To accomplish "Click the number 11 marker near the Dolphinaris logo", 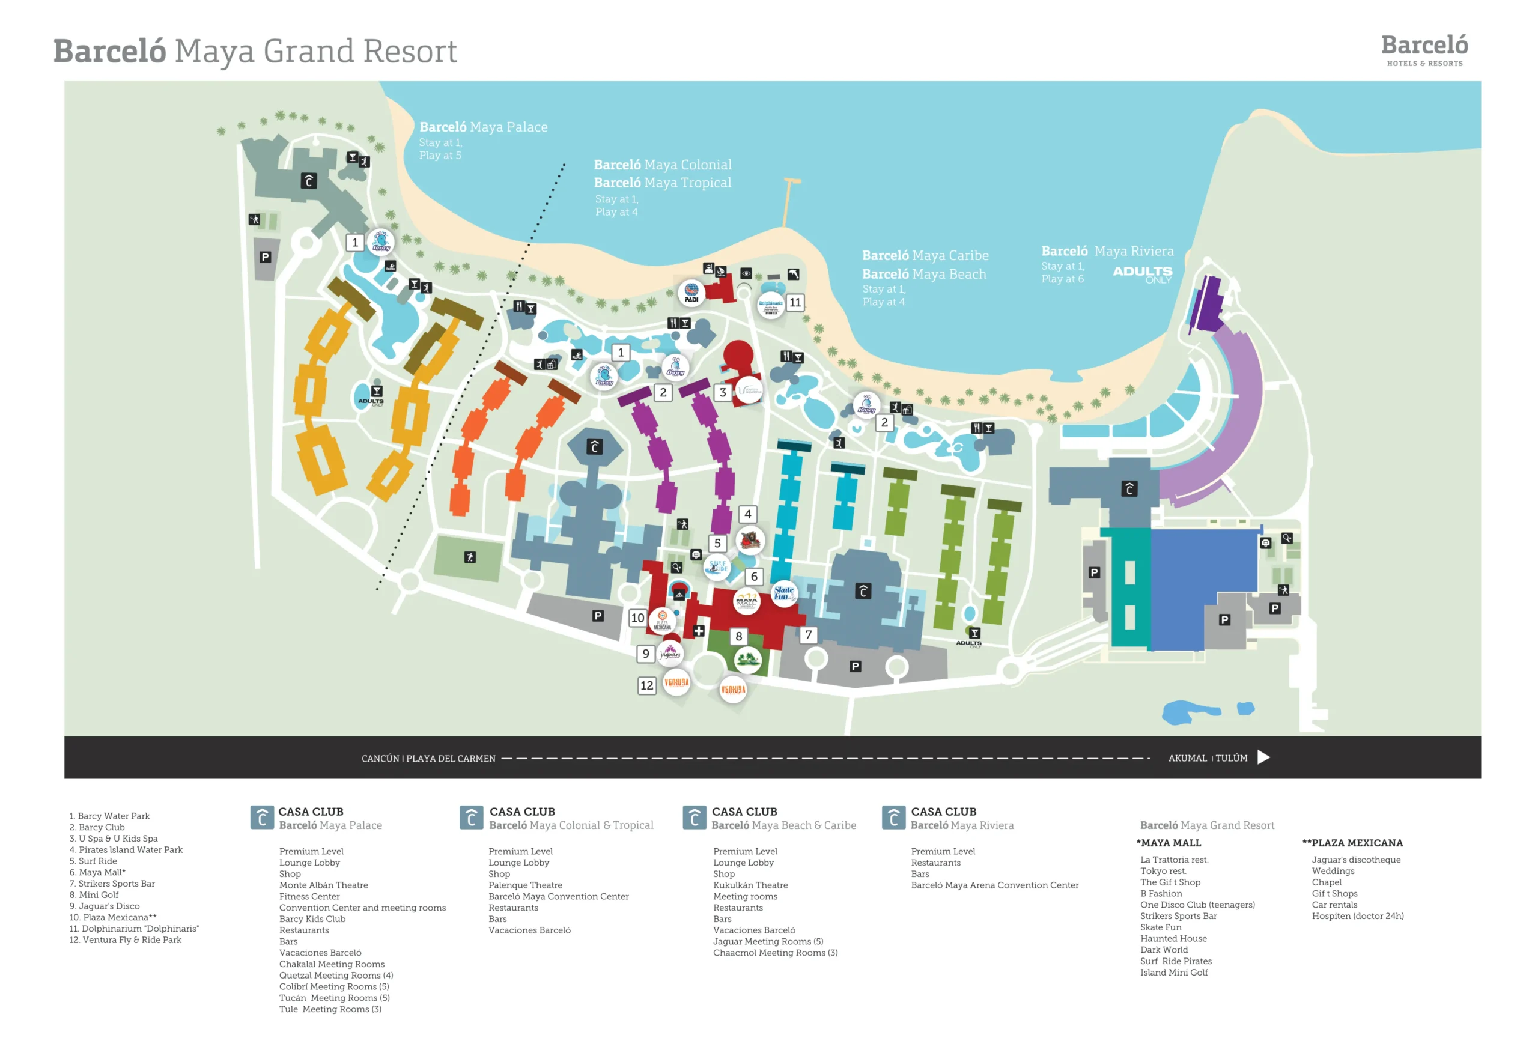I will click(x=795, y=303).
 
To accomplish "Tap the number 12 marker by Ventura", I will click(x=646, y=685).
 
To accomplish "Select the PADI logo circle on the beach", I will click(x=691, y=292).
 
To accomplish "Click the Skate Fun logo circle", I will click(x=783, y=593).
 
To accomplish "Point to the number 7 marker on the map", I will click(x=808, y=635).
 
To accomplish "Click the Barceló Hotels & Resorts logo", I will click(x=1424, y=50).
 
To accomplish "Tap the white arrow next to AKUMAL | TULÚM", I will click(x=1263, y=757).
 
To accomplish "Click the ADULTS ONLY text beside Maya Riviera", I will click(x=1142, y=274).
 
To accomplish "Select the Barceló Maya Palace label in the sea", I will click(x=483, y=127).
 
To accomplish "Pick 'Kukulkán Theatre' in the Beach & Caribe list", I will click(x=750, y=885).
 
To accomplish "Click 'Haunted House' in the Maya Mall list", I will click(x=1173, y=938).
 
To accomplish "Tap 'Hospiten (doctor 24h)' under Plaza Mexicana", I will click(x=1357, y=916).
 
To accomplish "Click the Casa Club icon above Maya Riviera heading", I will click(x=893, y=818).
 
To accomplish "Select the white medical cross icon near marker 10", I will click(x=699, y=631).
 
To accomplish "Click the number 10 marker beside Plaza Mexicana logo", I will click(x=637, y=618).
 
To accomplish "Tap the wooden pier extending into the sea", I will click(x=788, y=202).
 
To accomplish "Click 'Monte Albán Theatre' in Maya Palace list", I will click(x=324, y=885).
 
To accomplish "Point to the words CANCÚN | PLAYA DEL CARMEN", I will click(x=428, y=759).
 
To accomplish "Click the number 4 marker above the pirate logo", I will click(x=748, y=514).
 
